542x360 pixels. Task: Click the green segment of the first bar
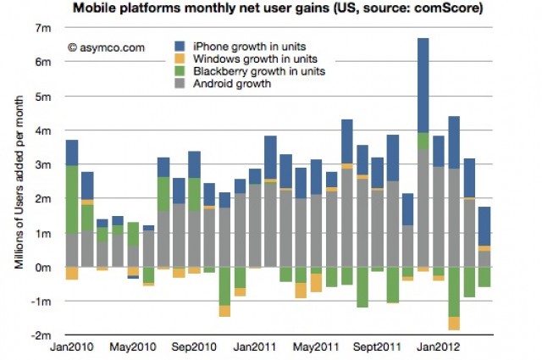tap(72, 198)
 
